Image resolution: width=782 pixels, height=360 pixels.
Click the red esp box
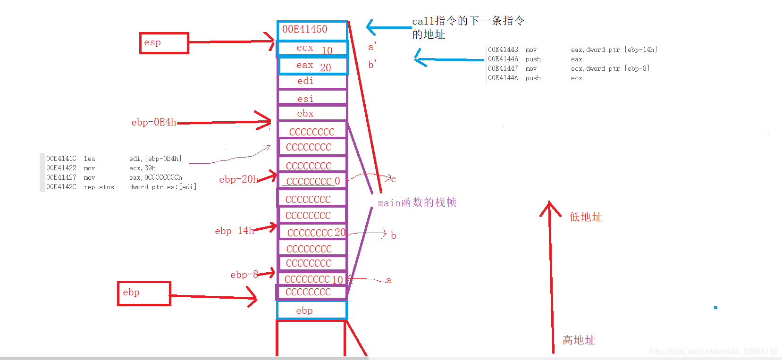pyautogui.click(x=164, y=43)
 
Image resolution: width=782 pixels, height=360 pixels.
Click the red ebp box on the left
pyautogui.click(x=144, y=293)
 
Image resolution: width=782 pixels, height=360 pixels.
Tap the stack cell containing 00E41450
pyautogui.click(x=312, y=30)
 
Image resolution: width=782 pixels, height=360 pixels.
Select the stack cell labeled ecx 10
pyautogui.click(x=312, y=48)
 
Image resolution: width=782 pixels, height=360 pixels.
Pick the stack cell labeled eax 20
pyautogui.click(x=313, y=66)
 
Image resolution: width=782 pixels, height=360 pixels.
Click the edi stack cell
pyautogui.click(x=312, y=81)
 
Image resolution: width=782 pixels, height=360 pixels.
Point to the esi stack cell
pyautogui.click(x=312, y=98)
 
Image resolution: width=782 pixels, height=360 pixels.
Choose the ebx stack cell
pyautogui.click(x=312, y=113)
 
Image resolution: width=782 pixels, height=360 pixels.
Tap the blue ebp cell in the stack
pyautogui.click(x=311, y=310)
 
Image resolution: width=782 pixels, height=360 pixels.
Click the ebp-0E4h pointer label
pyautogui.click(x=154, y=122)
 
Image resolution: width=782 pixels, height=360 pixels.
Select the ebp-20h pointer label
pyautogui.click(x=238, y=179)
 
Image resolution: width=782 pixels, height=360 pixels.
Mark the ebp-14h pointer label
pyautogui.click(x=234, y=231)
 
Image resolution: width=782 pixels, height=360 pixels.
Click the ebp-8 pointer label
pyautogui.click(x=244, y=275)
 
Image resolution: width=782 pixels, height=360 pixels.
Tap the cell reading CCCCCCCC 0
pyautogui.click(x=312, y=181)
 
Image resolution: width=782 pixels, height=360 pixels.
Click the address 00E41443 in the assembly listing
pyautogui.click(x=503, y=50)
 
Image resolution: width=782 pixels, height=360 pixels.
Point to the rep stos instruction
pyautogui.click(x=99, y=187)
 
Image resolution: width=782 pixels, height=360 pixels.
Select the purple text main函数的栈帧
pyautogui.click(x=417, y=202)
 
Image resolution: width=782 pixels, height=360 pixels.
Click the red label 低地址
pyautogui.click(x=586, y=217)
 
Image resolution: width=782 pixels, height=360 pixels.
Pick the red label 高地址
pyautogui.click(x=579, y=340)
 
